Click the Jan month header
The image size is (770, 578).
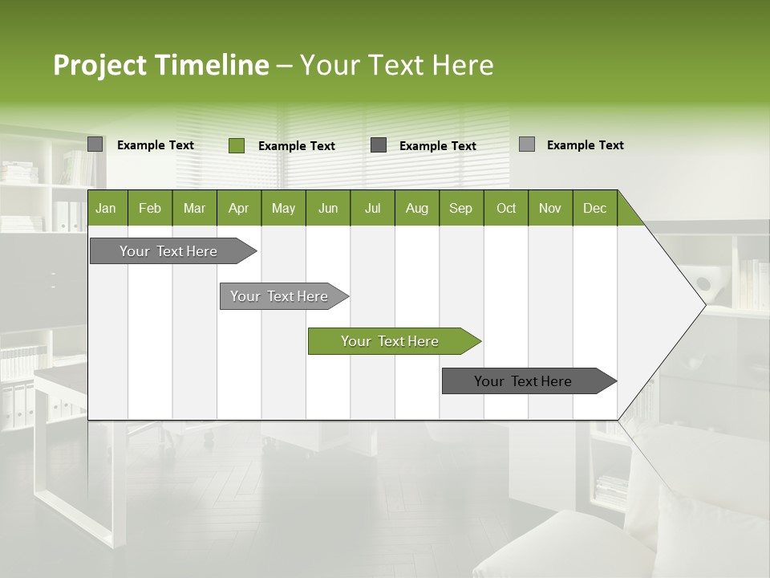click(106, 209)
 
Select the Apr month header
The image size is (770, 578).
click(238, 209)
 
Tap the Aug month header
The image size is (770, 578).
click(416, 209)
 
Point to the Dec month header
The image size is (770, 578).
click(594, 209)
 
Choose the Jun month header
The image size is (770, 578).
click(327, 209)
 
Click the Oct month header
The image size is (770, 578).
click(505, 209)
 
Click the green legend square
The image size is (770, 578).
click(236, 145)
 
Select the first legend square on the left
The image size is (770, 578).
click(95, 144)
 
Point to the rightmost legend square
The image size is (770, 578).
click(526, 144)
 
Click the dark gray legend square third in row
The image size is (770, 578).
click(379, 145)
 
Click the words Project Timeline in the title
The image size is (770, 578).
click(160, 65)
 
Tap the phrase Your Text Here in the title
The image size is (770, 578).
click(396, 65)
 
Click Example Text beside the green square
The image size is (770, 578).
click(296, 146)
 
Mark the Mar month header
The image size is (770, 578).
click(194, 209)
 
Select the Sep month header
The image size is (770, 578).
click(460, 209)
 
